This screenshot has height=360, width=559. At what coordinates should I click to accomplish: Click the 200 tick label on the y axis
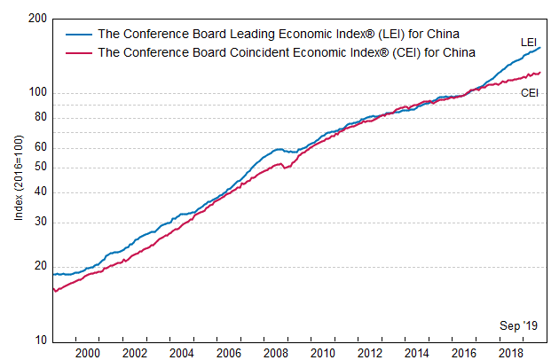(37, 19)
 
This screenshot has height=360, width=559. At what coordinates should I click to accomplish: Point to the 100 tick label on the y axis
(37, 93)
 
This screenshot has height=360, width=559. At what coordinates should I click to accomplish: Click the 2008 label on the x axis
(276, 353)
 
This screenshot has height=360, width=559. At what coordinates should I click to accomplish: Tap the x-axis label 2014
(417, 353)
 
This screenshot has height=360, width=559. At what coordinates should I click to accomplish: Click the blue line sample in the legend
(79, 35)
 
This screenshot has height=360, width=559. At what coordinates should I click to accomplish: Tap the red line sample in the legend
(79, 52)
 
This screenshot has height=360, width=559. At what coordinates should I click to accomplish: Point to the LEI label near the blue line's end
(529, 42)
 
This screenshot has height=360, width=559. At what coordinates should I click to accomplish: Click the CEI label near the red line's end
(530, 91)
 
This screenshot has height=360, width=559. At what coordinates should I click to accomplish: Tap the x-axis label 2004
(182, 353)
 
